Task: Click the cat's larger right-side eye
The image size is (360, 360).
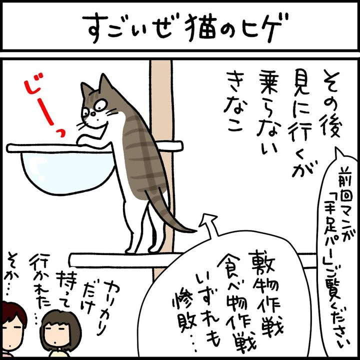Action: (101, 105)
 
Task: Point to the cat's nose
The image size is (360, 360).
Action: (93, 113)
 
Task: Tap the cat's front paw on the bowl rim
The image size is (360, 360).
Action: (84, 140)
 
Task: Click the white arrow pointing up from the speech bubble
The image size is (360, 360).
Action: (209, 224)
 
